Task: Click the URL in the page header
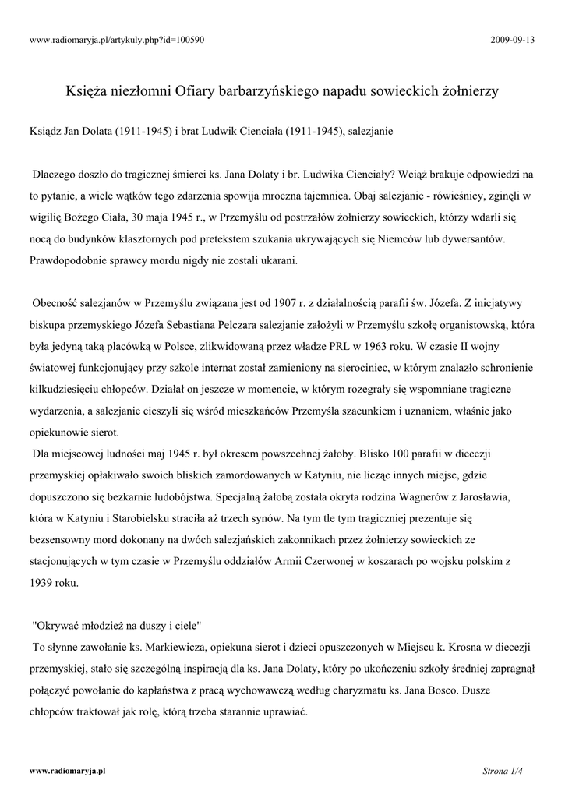click(117, 40)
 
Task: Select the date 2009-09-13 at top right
click(513, 40)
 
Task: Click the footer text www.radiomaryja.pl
click(67, 770)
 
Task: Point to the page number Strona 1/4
click(501, 771)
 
